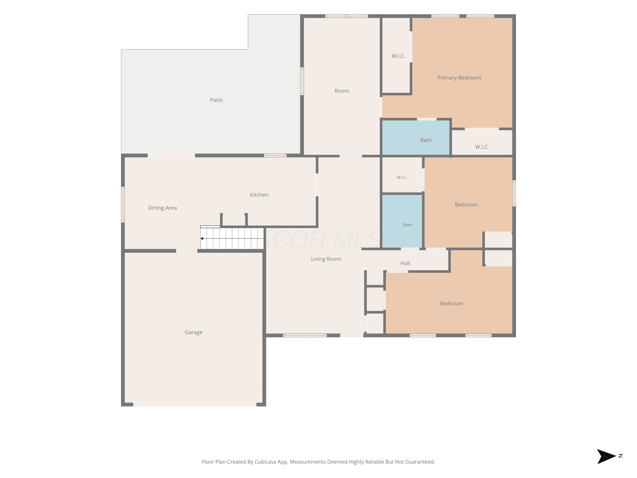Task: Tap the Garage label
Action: (193, 332)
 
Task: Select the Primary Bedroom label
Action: (459, 78)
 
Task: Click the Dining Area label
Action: (162, 208)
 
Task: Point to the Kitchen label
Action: (259, 195)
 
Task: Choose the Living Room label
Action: (326, 259)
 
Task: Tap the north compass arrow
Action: (606, 456)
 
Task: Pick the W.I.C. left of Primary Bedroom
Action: (398, 56)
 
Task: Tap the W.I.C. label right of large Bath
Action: (482, 147)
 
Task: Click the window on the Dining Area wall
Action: (123, 205)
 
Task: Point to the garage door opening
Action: (195, 404)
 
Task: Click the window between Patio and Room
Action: (302, 81)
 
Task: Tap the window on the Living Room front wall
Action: (305, 335)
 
